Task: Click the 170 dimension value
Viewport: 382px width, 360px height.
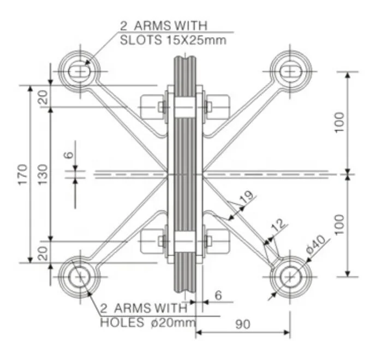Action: pyautogui.click(x=22, y=174)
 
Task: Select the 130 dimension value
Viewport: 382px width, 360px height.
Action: pyautogui.click(x=43, y=174)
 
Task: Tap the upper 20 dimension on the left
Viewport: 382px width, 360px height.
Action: pyautogui.click(x=43, y=96)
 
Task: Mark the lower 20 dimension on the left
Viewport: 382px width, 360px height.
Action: pyautogui.click(x=43, y=252)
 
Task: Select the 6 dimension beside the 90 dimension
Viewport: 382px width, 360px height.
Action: pyautogui.click(x=218, y=295)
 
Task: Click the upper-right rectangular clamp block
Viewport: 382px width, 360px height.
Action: pyautogui.click(x=218, y=107)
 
